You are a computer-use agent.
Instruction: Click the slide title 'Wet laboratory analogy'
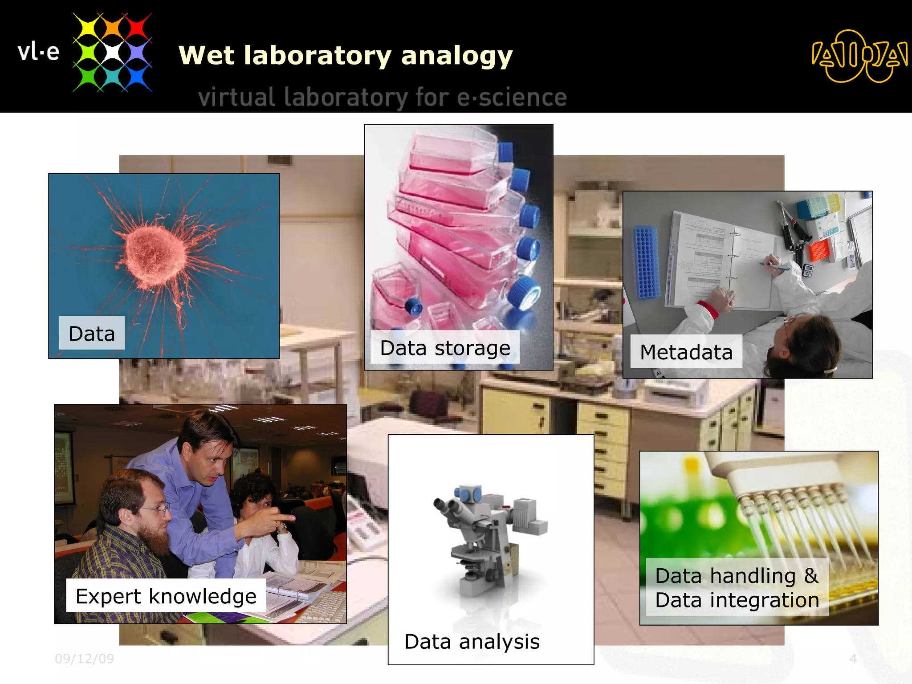point(346,56)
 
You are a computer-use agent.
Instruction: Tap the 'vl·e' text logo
point(38,52)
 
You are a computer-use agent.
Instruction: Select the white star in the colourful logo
point(112,52)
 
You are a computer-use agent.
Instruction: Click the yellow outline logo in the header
point(859,56)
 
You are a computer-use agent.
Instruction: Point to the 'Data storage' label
point(445,348)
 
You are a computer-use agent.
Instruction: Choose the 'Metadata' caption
point(686,352)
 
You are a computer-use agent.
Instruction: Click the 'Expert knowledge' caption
point(166,596)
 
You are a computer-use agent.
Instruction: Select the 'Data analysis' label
point(472,642)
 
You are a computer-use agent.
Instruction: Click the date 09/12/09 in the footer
point(84,659)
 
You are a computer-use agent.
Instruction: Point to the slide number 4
point(853,659)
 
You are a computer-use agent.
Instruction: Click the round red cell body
point(155,254)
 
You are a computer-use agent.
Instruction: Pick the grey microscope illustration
point(490,539)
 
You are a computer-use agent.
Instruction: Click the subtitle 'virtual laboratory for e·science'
point(382,98)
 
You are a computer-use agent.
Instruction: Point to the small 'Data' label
point(92,333)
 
